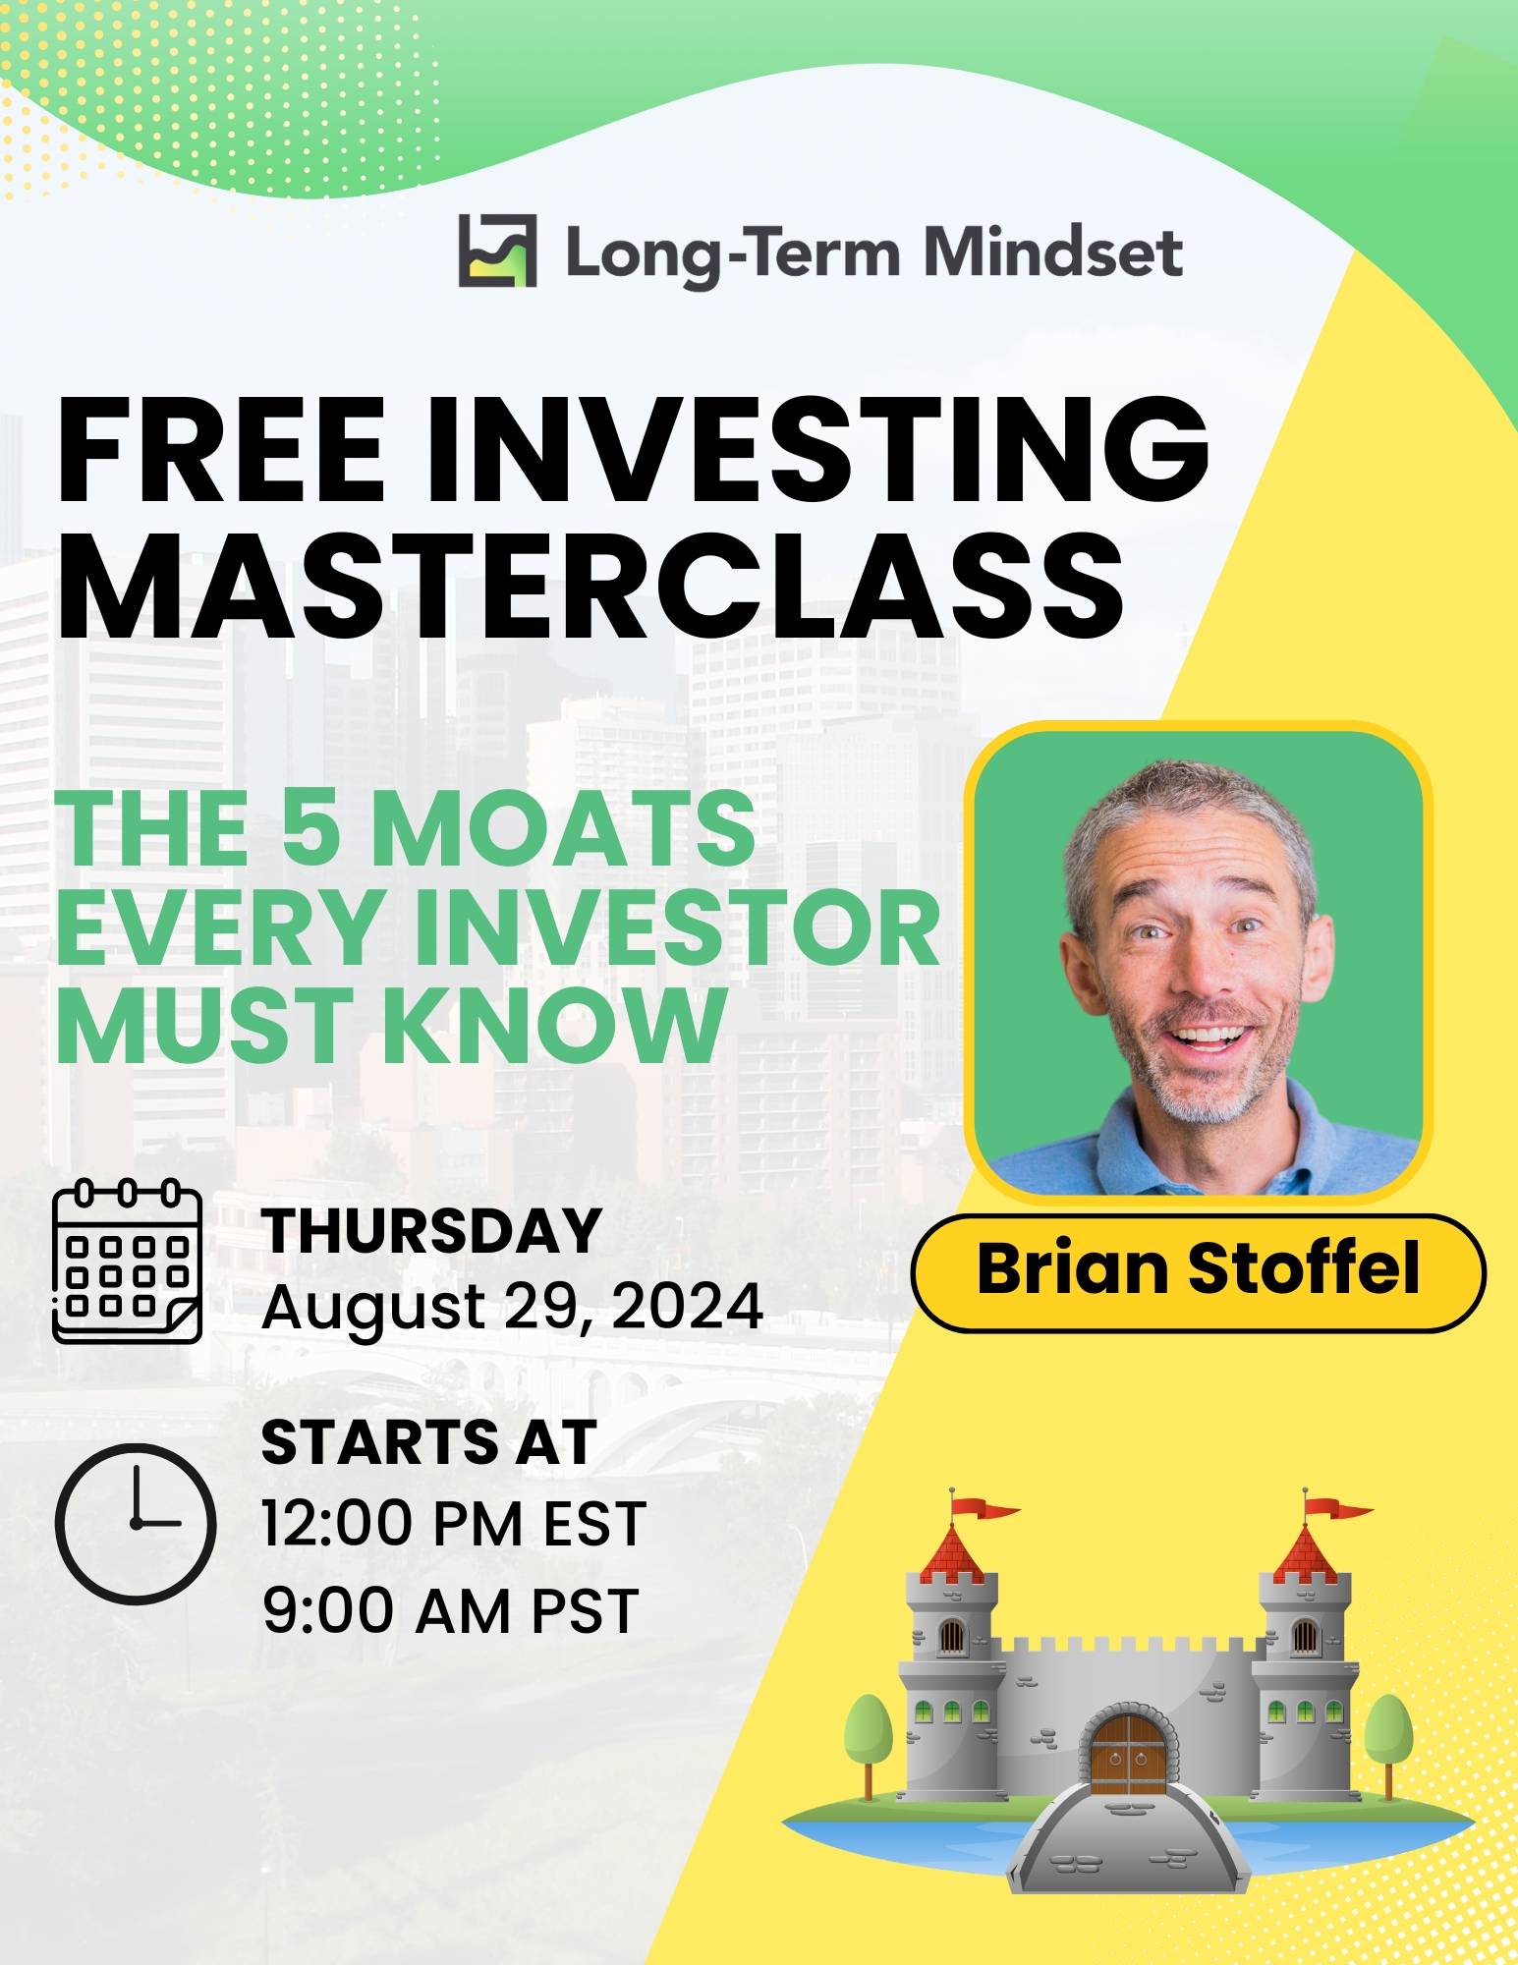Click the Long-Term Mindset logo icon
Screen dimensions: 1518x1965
[497, 251]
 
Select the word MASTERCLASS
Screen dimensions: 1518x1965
[590, 586]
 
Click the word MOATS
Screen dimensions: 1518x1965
[563, 828]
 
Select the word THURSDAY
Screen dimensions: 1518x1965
[431, 1230]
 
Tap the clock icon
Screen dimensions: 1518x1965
[135, 1522]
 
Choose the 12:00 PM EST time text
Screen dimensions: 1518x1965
[454, 1524]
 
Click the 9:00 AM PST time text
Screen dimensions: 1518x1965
[450, 1610]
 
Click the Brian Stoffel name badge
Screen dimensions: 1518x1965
[1199, 1272]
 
